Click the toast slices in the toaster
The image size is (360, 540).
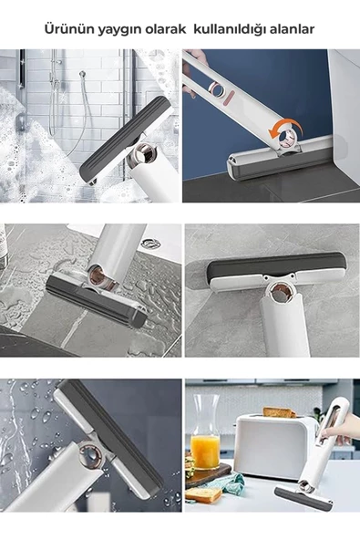[x=279, y=412]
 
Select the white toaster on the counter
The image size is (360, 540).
[x=274, y=446]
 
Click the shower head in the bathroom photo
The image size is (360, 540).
[x=82, y=74]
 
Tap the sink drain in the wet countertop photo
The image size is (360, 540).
[x=150, y=244]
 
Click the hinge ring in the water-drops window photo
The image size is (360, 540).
[x=91, y=457]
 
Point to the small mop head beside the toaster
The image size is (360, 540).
[x=303, y=496]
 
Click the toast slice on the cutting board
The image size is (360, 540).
[x=202, y=495]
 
